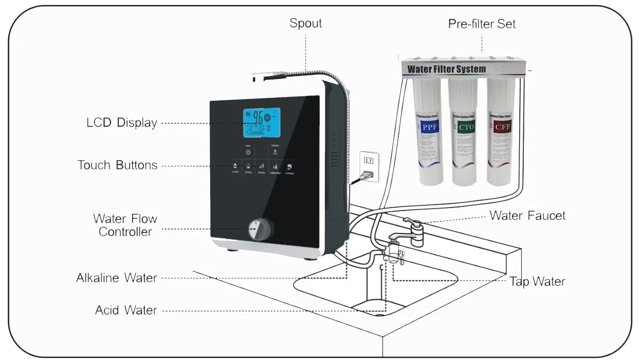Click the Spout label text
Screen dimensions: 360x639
point(305,23)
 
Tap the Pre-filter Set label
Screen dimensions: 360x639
point(481,24)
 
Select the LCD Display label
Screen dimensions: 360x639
point(121,123)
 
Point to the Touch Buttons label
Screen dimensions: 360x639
point(117,165)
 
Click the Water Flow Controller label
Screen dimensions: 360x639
point(125,225)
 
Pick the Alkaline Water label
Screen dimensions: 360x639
point(116,278)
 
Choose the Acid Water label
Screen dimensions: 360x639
point(126,310)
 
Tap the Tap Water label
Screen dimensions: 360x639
point(537,281)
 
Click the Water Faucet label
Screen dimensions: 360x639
point(527,216)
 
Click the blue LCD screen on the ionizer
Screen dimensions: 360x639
point(261,122)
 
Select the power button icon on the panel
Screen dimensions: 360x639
point(248,152)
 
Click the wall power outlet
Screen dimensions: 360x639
point(369,166)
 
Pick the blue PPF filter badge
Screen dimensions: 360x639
point(427,126)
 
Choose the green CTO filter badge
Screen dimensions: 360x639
point(464,126)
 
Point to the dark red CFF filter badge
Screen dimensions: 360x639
point(500,126)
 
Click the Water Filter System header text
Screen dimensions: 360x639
point(446,69)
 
